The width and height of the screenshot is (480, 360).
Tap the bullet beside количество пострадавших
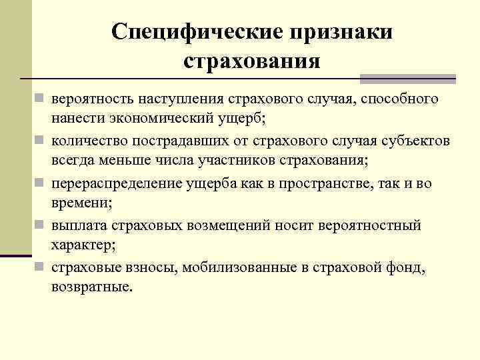click(x=41, y=141)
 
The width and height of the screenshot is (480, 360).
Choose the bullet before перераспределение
click(x=41, y=183)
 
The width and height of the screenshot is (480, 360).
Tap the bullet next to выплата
click(x=41, y=225)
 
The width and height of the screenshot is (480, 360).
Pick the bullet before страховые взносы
click(x=41, y=267)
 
